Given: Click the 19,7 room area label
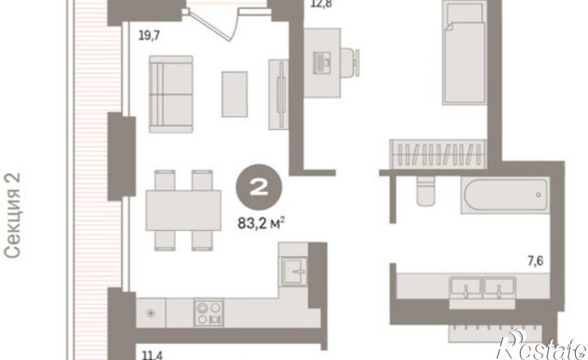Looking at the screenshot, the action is (x=149, y=36).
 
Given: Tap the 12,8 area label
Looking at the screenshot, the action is (x=322, y=4).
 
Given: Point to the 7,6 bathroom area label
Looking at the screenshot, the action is (x=535, y=260).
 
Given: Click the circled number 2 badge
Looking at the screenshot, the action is (x=259, y=187).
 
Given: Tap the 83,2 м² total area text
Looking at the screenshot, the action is (x=260, y=224).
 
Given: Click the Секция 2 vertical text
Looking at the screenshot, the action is (x=12, y=215).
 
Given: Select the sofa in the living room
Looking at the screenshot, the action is (x=171, y=94).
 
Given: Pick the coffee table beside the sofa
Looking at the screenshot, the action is (x=234, y=94).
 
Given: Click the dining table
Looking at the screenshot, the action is (x=183, y=210).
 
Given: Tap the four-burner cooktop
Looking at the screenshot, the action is (x=208, y=313).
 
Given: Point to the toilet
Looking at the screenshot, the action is (x=427, y=191).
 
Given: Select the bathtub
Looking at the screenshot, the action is (x=504, y=195).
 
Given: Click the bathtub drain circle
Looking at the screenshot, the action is (x=539, y=195).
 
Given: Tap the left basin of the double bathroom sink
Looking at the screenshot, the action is (x=466, y=288).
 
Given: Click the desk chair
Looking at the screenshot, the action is (x=350, y=63).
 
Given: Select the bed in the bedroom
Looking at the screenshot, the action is (x=464, y=53).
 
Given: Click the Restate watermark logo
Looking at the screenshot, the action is (x=541, y=345).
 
